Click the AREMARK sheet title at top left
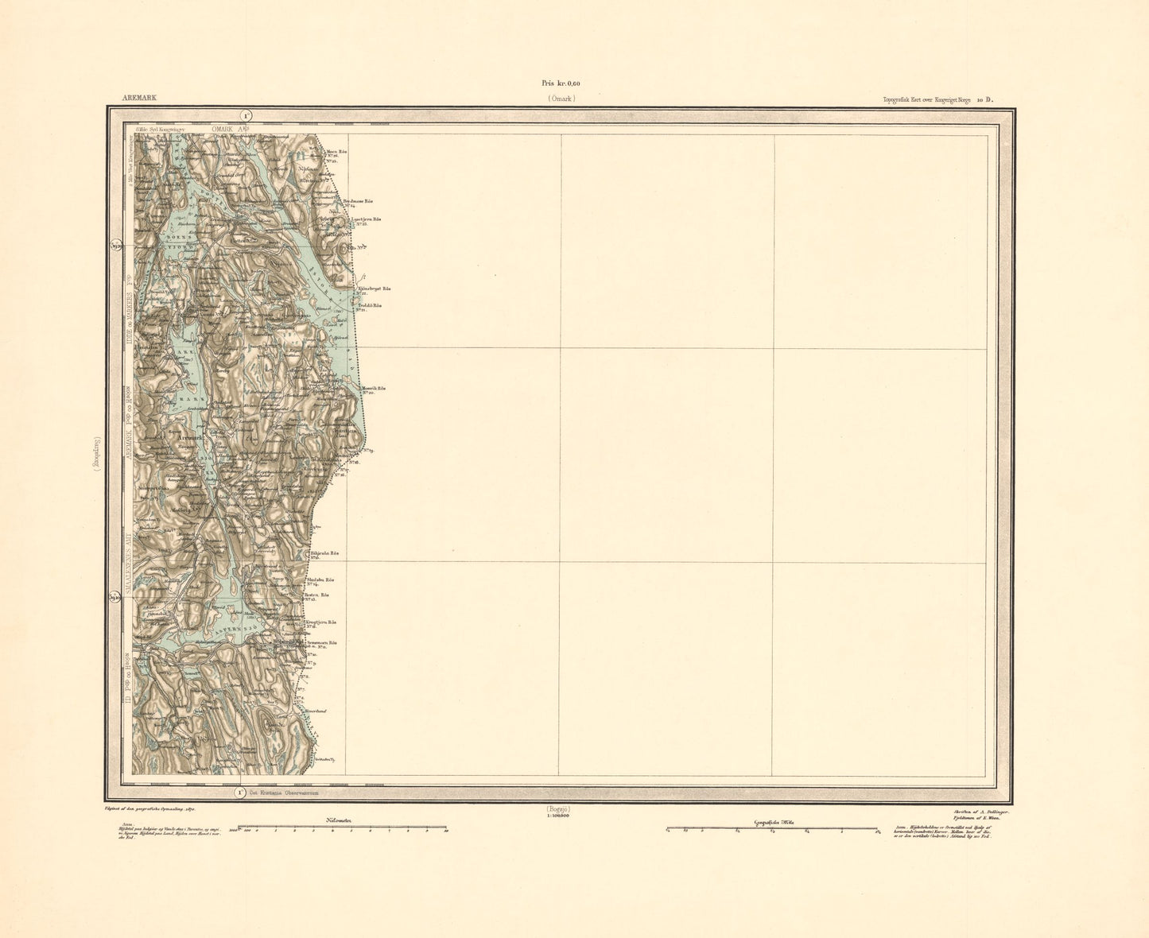139,99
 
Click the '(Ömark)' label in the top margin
560,99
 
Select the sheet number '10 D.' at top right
986,99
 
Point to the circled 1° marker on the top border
247,115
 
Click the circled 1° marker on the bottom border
239,792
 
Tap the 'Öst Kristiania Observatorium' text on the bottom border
284,793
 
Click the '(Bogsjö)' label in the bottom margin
559,808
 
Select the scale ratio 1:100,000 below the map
559,816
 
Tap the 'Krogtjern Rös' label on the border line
321,622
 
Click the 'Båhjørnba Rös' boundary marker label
324,553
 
